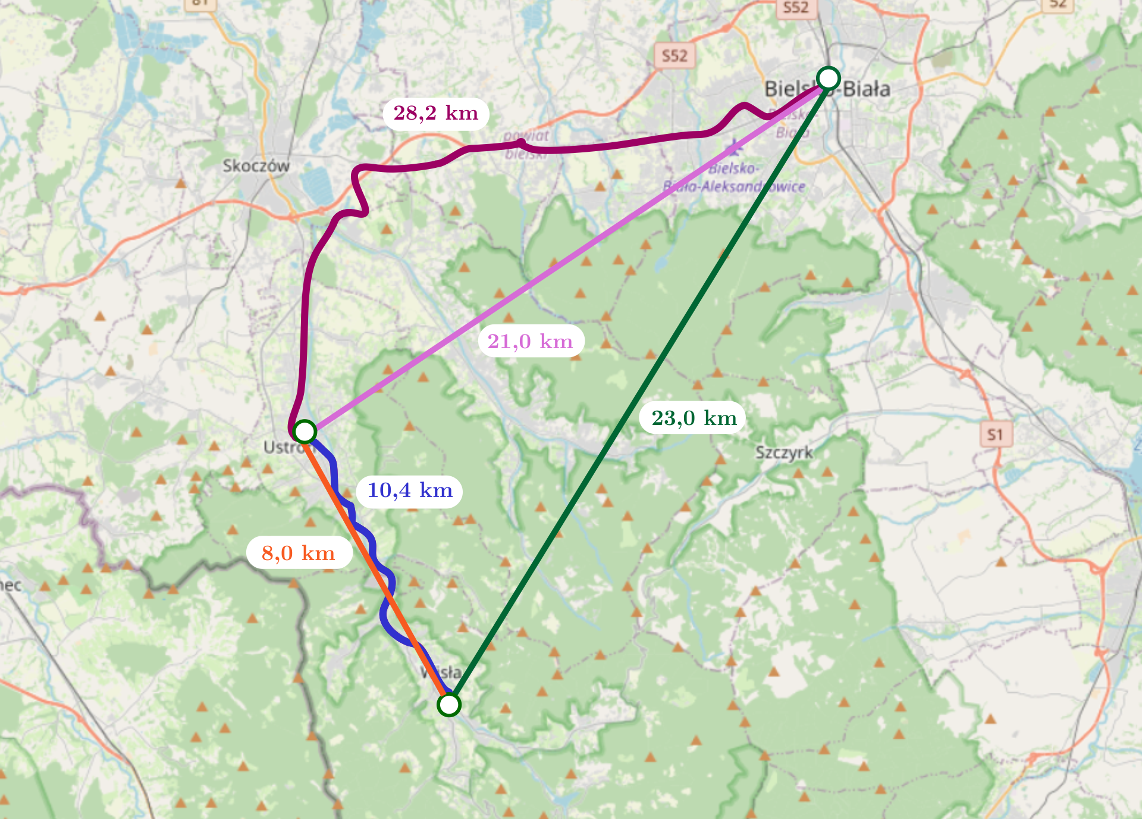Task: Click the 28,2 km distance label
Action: (435, 113)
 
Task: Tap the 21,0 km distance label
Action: (531, 341)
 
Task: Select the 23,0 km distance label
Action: (694, 418)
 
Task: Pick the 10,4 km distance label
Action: (410, 490)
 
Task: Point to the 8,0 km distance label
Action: (299, 553)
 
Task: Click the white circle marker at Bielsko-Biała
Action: (828, 78)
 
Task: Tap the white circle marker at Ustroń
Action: (305, 432)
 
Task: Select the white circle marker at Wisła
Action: (448, 704)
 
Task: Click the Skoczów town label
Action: (256, 165)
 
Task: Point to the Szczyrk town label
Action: (784, 452)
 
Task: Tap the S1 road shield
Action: (995, 434)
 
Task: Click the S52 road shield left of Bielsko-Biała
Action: (674, 56)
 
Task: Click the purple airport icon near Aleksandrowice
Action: (734, 146)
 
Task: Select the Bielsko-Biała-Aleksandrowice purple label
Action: (735, 178)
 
